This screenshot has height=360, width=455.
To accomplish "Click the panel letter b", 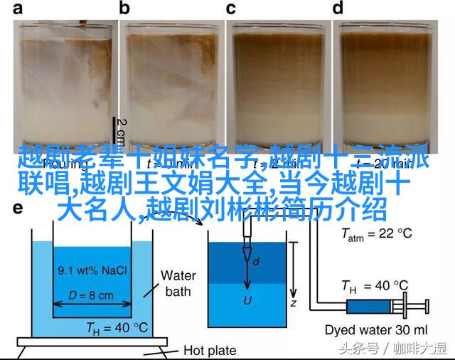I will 125,9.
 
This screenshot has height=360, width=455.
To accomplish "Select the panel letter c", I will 230,9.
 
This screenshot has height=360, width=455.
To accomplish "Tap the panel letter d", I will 338,9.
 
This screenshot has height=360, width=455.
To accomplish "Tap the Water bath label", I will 178,282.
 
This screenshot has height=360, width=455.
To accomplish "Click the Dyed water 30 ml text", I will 376,329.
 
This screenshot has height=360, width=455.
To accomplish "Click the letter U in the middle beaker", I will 247,301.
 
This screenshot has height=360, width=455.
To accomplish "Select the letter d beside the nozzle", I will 256,263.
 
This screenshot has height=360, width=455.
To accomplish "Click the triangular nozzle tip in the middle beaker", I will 247,253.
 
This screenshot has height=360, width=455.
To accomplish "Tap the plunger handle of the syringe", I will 425,307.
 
